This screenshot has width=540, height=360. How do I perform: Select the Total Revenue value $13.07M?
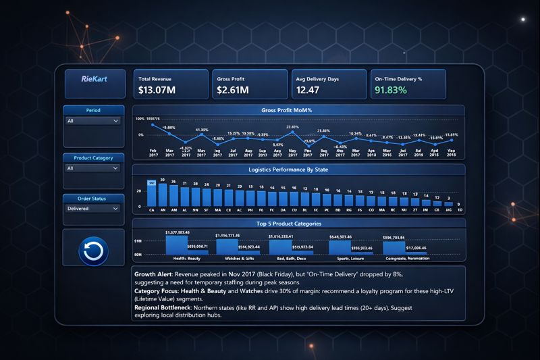point(157,89)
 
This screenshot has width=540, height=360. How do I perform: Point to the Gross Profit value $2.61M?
point(233,89)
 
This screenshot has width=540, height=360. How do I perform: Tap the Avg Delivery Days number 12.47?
point(308,89)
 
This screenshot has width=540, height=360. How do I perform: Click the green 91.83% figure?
point(391,89)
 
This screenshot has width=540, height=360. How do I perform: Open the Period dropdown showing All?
point(93,122)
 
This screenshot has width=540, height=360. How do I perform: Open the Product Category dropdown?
point(93,168)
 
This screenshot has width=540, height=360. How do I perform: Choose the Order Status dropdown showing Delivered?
point(93,209)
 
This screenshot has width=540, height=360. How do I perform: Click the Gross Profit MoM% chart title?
point(291,109)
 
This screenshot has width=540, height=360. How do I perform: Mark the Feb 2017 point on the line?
point(153,126)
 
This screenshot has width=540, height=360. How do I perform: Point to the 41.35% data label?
point(202,130)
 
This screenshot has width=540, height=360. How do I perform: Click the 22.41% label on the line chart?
point(292,127)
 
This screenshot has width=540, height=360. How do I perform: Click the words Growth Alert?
point(155,276)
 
